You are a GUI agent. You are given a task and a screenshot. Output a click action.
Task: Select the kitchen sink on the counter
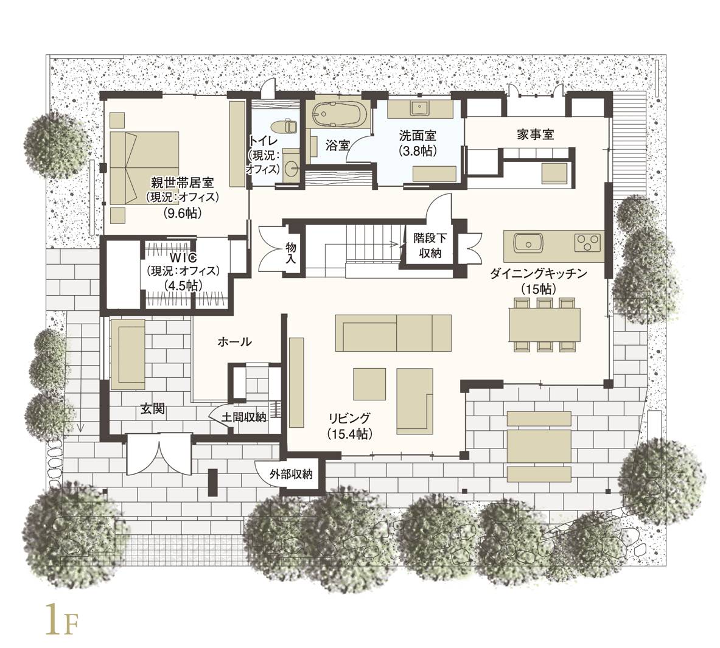tap(528, 242)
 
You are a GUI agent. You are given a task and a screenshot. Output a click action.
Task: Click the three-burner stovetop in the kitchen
tap(588, 242)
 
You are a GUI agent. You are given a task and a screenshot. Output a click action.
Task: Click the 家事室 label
tap(536, 134)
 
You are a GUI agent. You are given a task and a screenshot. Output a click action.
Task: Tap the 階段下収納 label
tap(430, 246)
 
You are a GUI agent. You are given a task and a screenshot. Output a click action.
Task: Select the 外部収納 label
tap(291, 474)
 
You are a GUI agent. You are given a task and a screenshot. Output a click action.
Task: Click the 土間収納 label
tap(244, 417)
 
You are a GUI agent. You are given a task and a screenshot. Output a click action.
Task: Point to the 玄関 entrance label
tap(152, 408)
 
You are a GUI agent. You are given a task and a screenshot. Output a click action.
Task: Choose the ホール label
tap(234, 341)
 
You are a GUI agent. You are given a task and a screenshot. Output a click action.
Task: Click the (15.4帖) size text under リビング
tap(349, 433)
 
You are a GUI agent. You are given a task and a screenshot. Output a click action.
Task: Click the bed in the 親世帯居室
tap(144, 168)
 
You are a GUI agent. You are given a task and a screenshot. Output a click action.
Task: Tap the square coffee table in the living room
tap(369, 384)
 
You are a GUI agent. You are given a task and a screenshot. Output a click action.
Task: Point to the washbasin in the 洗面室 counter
tap(419, 108)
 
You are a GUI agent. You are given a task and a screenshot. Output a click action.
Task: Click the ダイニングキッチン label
tap(539, 274)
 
